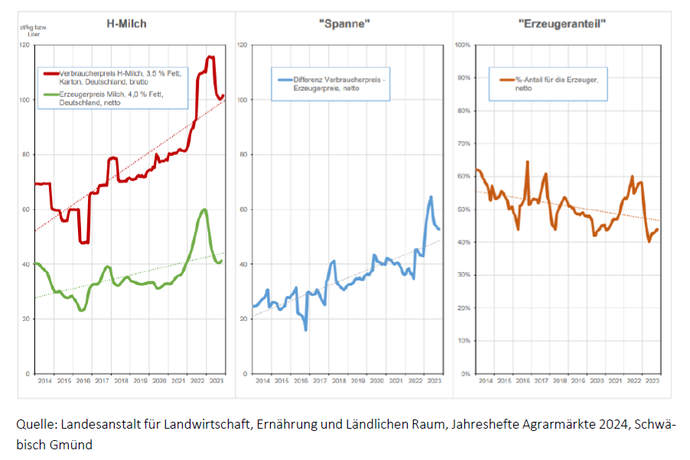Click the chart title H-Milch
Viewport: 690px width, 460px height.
pyautogui.click(x=126, y=24)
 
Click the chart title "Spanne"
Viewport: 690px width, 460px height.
pyautogui.click(x=344, y=24)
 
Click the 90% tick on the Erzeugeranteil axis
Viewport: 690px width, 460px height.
pyautogui.click(x=463, y=78)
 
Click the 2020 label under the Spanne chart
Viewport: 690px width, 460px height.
pyautogui.click(x=376, y=380)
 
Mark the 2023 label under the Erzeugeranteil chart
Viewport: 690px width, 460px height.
pyautogui.click(x=652, y=380)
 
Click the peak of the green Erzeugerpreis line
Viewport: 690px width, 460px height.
pyautogui.click(x=204, y=209)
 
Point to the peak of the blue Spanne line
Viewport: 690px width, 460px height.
pyautogui.click(x=431, y=196)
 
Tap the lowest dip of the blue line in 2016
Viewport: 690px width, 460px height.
pyautogui.click(x=306, y=329)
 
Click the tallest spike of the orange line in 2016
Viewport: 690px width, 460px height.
pyautogui.click(x=528, y=162)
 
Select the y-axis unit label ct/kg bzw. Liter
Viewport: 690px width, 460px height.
pyautogui.click(x=29, y=31)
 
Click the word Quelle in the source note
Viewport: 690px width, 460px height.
pyautogui.click(x=34, y=425)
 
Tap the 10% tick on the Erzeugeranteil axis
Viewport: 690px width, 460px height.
pyautogui.click(x=463, y=341)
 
